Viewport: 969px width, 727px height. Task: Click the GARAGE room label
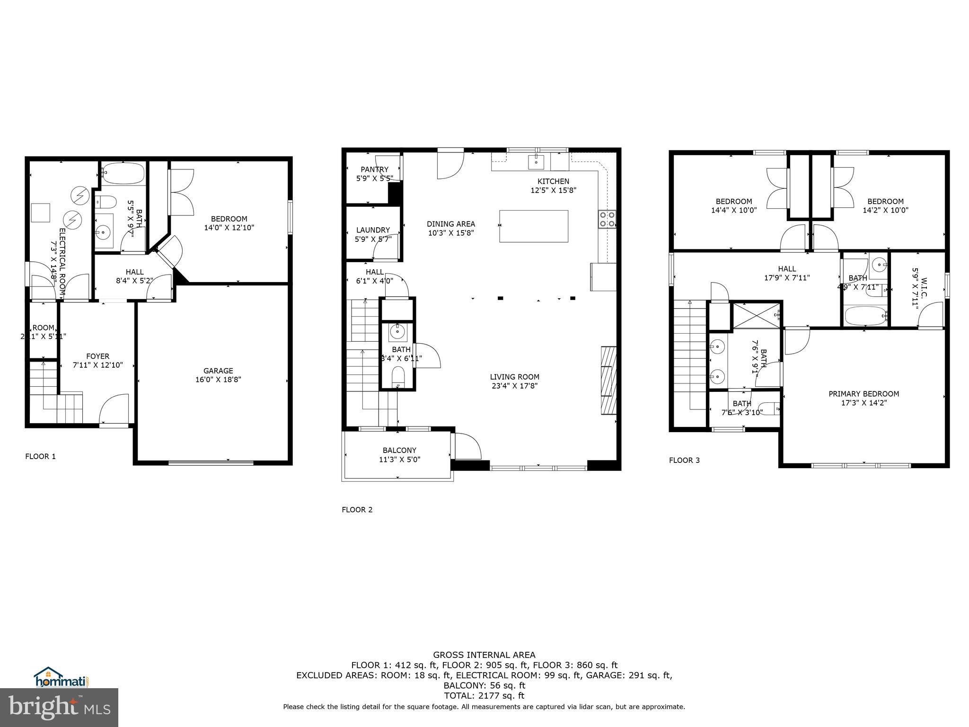coord(218,371)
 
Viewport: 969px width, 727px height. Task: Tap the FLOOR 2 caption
coord(357,510)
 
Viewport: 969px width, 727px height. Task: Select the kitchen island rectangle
coord(534,226)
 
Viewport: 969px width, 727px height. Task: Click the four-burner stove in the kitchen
coord(608,219)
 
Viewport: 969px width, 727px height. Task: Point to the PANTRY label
coord(374,169)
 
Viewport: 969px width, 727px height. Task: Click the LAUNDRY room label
coord(373,231)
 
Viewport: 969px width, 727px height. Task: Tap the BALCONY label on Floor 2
coord(399,451)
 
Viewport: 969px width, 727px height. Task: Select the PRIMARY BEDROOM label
coord(863,394)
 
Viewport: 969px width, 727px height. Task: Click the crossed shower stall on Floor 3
coord(756,315)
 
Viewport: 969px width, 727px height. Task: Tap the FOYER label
coord(97,356)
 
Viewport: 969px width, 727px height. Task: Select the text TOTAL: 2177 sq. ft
coord(484,696)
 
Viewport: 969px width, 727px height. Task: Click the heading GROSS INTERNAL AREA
coord(484,655)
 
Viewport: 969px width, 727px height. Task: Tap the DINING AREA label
coord(450,224)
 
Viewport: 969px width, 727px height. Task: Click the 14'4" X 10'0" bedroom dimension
coord(734,210)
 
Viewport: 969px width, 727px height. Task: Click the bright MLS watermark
coord(59,708)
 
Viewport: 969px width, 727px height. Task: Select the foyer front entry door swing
coord(114,409)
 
